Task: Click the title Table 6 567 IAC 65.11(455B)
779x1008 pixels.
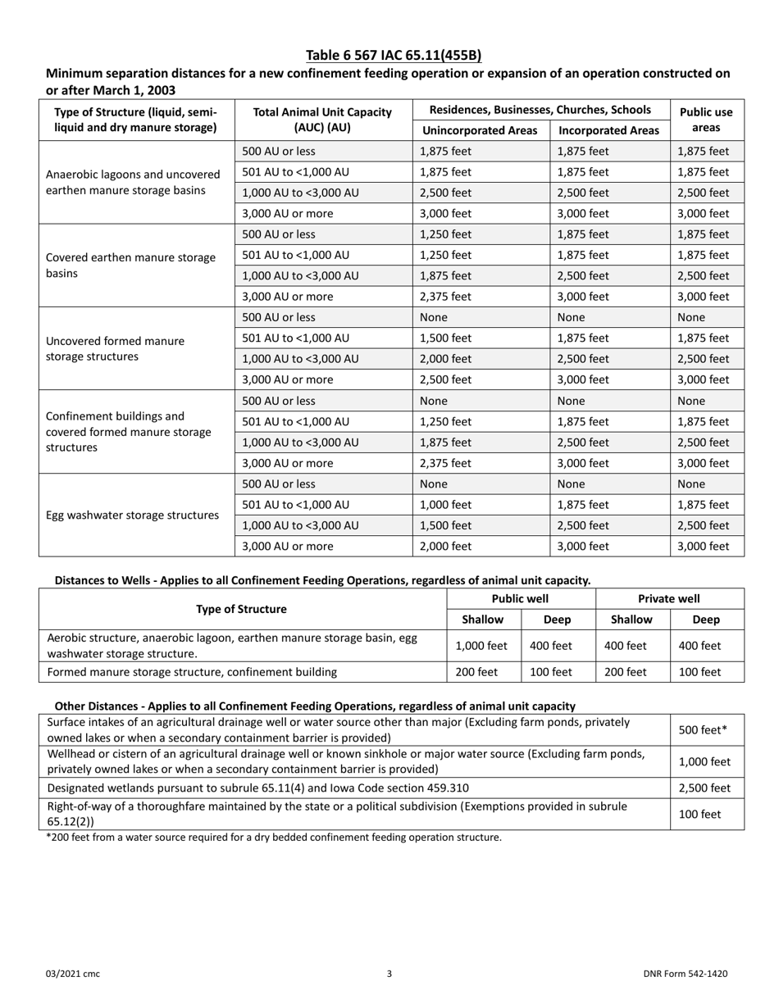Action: [394, 56]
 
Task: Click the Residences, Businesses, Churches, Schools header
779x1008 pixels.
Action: [540, 110]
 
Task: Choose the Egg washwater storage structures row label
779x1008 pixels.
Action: [133, 515]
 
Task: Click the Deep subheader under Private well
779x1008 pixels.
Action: [706, 620]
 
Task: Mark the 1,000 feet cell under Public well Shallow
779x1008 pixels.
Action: [481, 646]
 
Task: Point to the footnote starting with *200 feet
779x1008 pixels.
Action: [273, 838]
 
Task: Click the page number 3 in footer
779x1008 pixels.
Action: [389, 974]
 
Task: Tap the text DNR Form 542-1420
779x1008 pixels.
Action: [685, 974]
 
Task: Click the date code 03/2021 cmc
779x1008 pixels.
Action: [73, 974]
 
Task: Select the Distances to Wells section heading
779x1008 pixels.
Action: [321, 580]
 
